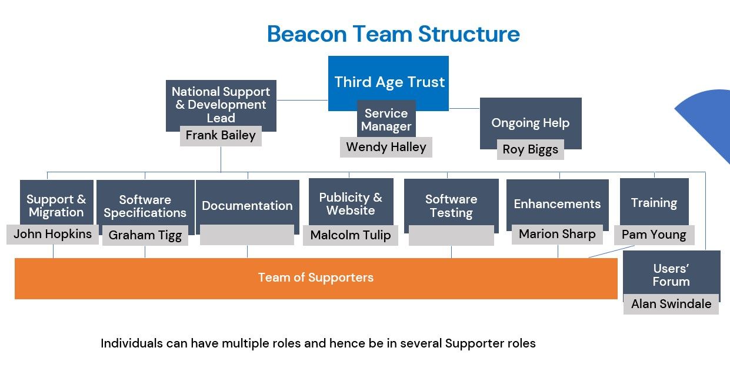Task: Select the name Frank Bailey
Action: pyautogui.click(x=221, y=136)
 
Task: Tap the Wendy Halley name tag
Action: pyautogui.click(x=386, y=147)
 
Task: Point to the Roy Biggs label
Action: pyautogui.click(x=531, y=149)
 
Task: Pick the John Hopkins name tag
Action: pyautogui.click(x=53, y=234)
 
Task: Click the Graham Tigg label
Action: pyautogui.click(x=145, y=235)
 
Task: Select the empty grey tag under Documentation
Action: pyautogui.click(x=247, y=235)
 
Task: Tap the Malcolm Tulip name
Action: pyautogui.click(x=351, y=235)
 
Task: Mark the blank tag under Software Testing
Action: pyautogui.click(x=451, y=235)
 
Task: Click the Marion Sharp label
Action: pyautogui.click(x=557, y=234)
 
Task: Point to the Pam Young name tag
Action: pyautogui.click(x=654, y=235)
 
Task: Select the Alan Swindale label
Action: pyautogui.click(x=671, y=304)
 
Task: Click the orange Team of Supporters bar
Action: pyautogui.click(x=316, y=278)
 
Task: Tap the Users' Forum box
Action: pyautogui.click(x=671, y=274)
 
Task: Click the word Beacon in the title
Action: pyautogui.click(x=306, y=34)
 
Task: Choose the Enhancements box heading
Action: pyautogui.click(x=557, y=204)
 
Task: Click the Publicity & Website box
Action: pyautogui.click(x=351, y=203)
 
